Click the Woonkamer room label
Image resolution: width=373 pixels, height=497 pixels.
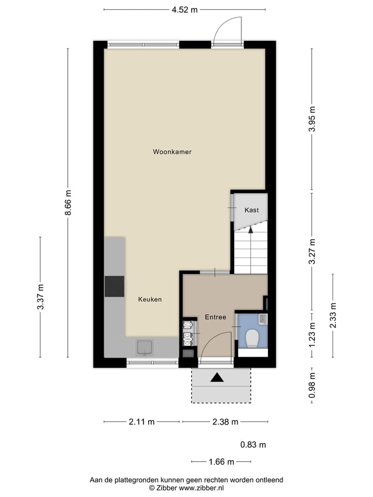coord(172,152)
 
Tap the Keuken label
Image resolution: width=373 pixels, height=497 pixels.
coord(150,299)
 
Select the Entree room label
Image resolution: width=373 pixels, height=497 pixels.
coord(215,317)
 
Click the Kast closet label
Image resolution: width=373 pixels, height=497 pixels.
coord(251,210)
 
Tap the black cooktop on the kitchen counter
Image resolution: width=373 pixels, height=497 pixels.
coord(114,286)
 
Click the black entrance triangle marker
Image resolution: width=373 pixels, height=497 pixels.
coord(218,378)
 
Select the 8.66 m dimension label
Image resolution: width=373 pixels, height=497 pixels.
coord(68,204)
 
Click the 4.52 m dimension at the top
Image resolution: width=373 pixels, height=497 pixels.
coord(185,9)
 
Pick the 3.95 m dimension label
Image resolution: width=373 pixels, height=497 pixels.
coord(312,120)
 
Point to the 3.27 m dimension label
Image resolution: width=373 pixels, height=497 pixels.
coord(312,252)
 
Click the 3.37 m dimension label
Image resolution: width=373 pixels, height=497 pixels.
coord(40,297)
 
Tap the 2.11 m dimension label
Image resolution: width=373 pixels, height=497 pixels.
coord(142,422)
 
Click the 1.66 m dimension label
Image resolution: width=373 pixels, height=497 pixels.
coord(221,462)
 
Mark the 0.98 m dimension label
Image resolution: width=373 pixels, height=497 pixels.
coord(312,386)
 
